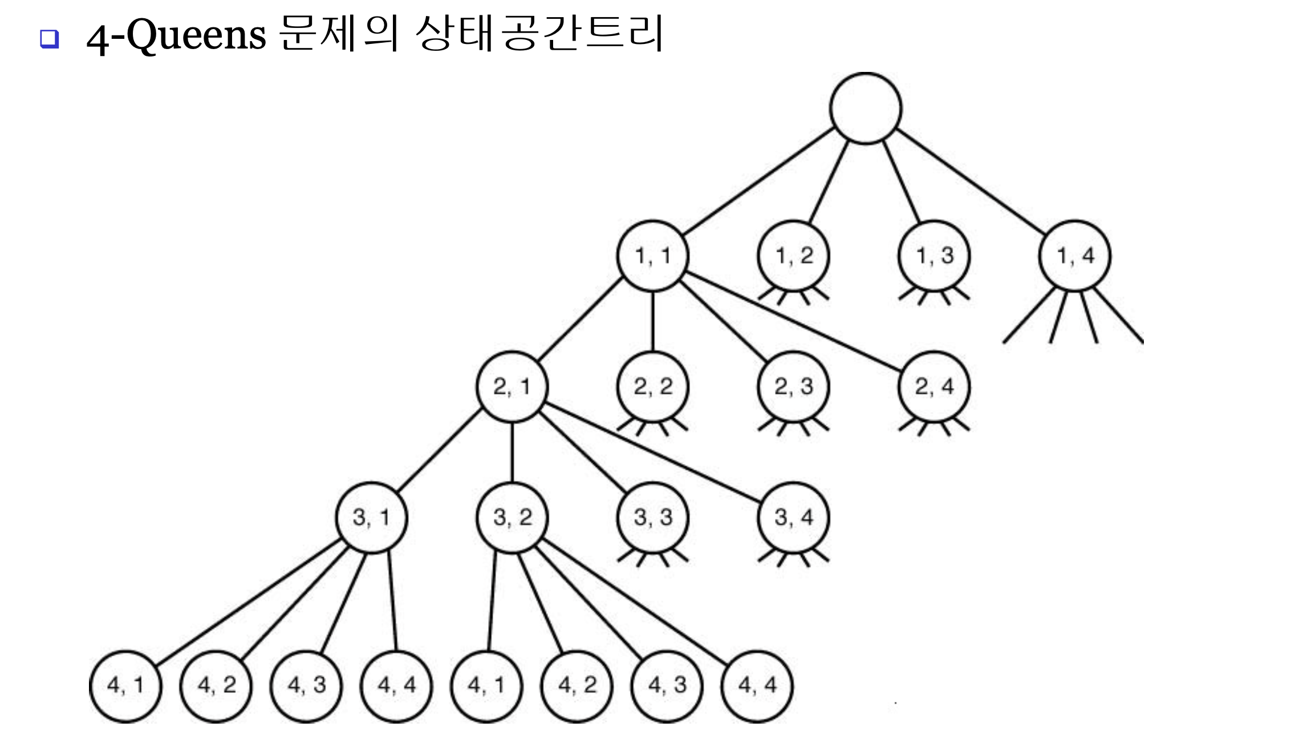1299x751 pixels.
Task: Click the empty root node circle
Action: coord(865,108)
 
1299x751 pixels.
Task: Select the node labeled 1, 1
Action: coord(652,256)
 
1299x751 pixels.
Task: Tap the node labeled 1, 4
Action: coord(1075,256)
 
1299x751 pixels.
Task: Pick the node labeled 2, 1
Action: coord(512,387)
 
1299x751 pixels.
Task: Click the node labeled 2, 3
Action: coord(793,387)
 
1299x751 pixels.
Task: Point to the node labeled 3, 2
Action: coord(512,518)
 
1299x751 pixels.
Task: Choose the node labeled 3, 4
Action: coord(793,518)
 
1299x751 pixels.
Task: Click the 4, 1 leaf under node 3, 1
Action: coord(125,685)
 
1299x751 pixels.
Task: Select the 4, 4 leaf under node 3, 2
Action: coord(757,685)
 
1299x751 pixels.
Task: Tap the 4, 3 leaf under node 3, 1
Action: coord(306,685)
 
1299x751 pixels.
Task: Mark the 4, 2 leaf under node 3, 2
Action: coord(577,685)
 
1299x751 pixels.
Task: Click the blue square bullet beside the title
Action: coord(50,39)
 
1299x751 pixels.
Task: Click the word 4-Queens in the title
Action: coord(176,35)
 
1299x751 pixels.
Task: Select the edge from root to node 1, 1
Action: coord(758,181)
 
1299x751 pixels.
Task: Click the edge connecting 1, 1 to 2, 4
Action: coord(793,322)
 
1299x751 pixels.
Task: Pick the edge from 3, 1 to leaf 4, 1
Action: coord(248,602)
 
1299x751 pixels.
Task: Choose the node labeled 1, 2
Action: coord(793,256)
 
